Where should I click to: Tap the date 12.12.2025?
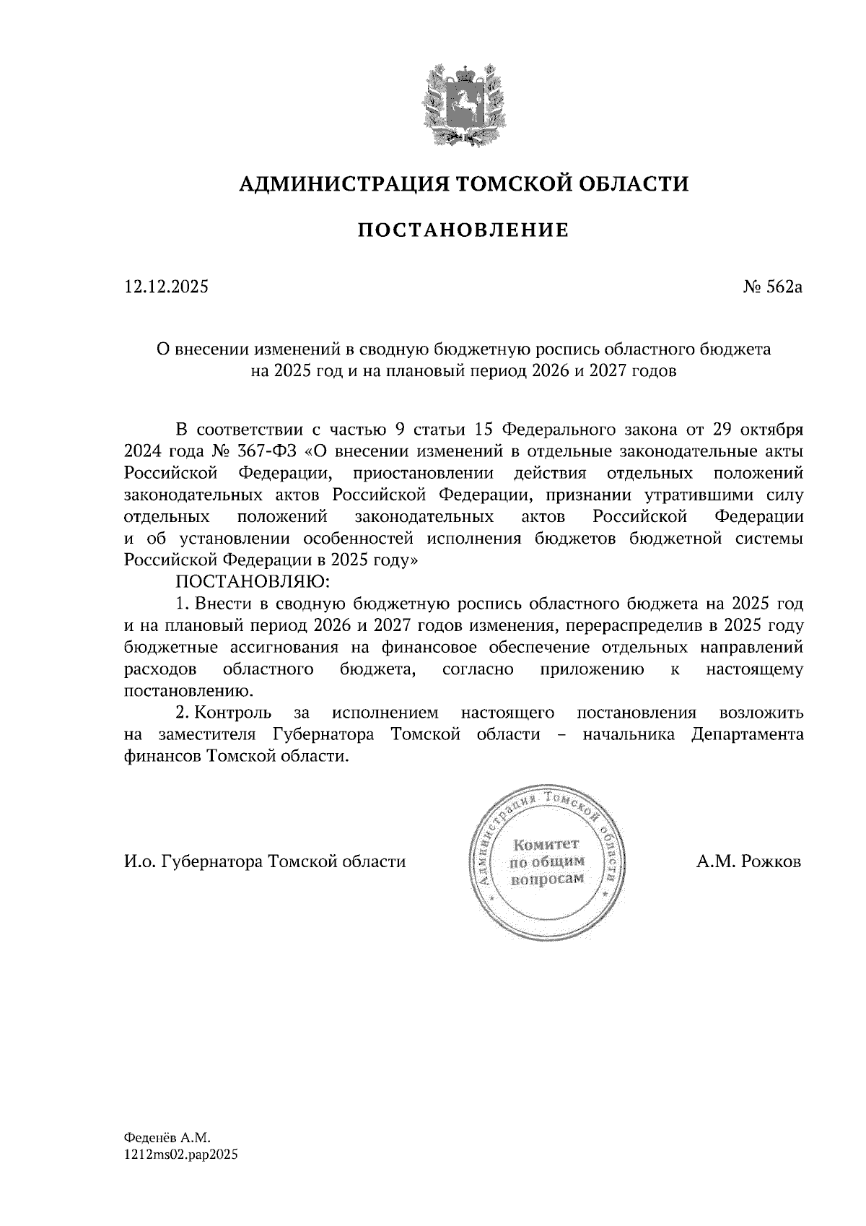[x=166, y=287]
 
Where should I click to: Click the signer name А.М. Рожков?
[x=748, y=862]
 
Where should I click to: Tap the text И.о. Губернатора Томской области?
[x=265, y=862]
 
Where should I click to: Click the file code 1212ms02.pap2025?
[x=181, y=1154]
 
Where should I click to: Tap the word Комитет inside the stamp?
[x=546, y=844]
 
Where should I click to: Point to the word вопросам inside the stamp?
[x=546, y=879]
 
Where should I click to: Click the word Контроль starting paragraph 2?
[x=234, y=713]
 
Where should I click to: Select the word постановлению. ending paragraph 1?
[x=189, y=691]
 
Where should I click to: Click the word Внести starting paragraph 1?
[x=229, y=604]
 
